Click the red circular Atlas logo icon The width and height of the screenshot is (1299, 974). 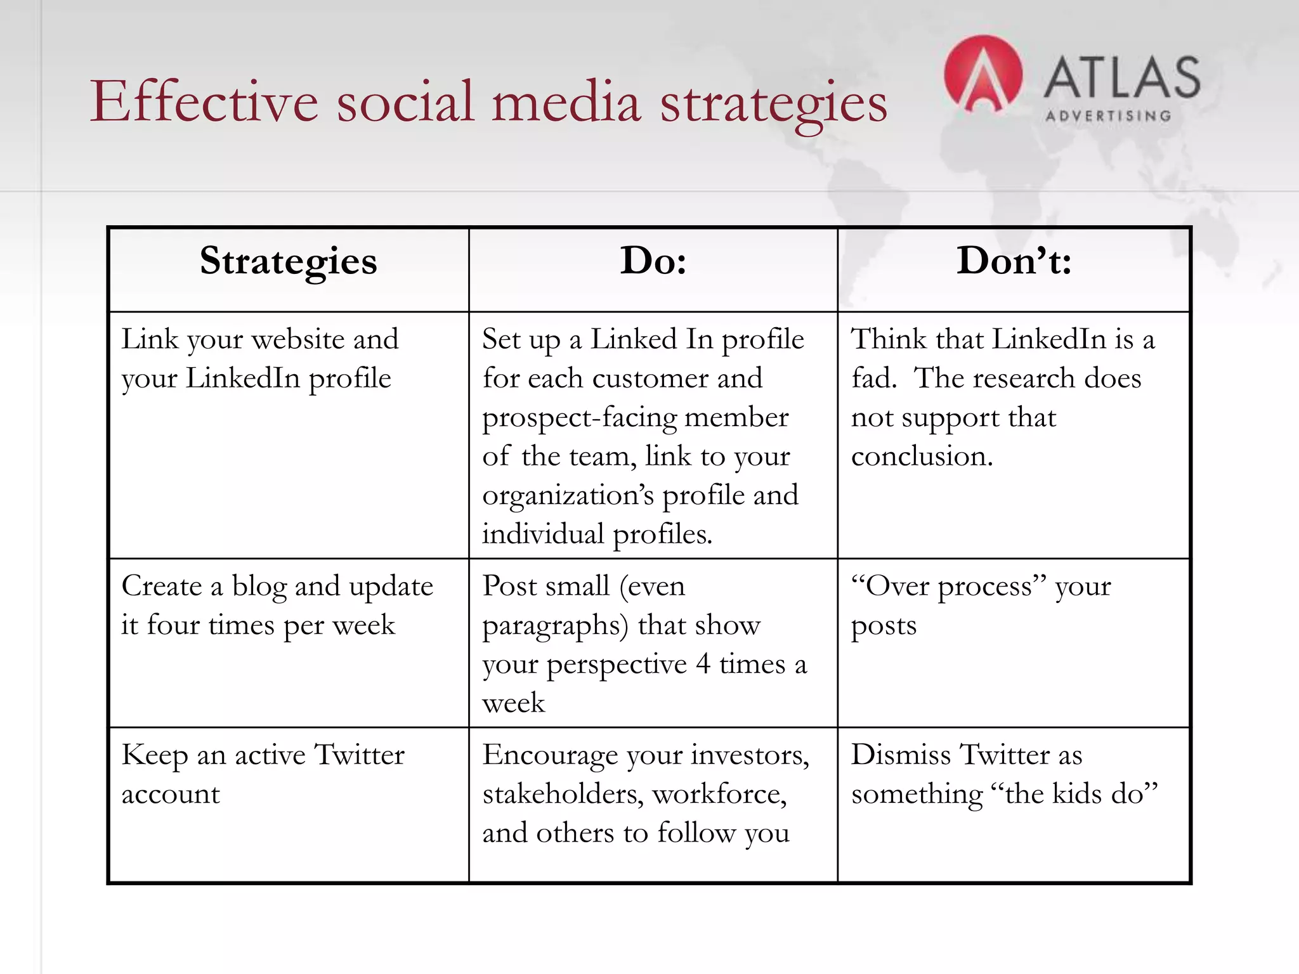tap(982, 75)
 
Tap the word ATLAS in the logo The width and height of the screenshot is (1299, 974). tap(1121, 77)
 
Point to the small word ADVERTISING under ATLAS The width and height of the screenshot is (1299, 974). tap(1108, 116)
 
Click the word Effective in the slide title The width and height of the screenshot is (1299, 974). tap(204, 101)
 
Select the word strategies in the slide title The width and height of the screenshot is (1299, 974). tap(773, 103)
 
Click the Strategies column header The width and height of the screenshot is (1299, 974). tap(288, 261)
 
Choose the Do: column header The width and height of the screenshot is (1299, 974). tap(653, 261)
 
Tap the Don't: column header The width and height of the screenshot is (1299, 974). tap(1013, 261)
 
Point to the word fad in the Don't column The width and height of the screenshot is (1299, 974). tap(873, 379)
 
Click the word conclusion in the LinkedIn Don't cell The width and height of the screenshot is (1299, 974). tap(921, 457)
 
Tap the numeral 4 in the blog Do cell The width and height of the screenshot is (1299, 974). tap(702, 664)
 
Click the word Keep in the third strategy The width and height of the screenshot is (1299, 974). tap(154, 755)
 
